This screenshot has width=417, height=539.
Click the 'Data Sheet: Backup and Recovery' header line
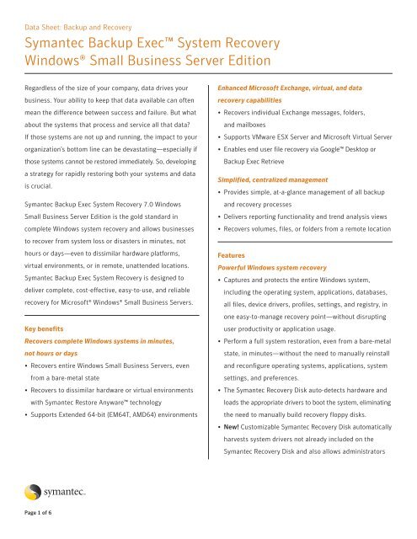tap(83, 13)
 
